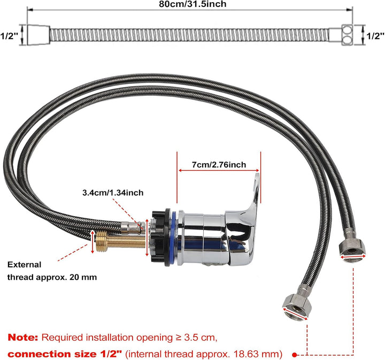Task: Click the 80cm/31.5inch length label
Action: coord(192,4)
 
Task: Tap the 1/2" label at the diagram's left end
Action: coord(9,36)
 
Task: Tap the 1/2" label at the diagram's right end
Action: coord(375,36)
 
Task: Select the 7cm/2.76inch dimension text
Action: coord(219,165)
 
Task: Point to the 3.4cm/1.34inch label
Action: coord(113,193)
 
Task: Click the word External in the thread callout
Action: coord(24,265)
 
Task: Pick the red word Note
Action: coord(23,338)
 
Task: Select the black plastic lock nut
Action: coord(161,238)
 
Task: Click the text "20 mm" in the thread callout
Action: coord(83,277)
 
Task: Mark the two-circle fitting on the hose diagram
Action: coord(347,35)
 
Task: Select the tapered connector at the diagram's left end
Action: coord(38,35)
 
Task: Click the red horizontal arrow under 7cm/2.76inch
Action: coord(219,171)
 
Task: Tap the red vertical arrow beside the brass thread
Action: coord(93,242)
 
